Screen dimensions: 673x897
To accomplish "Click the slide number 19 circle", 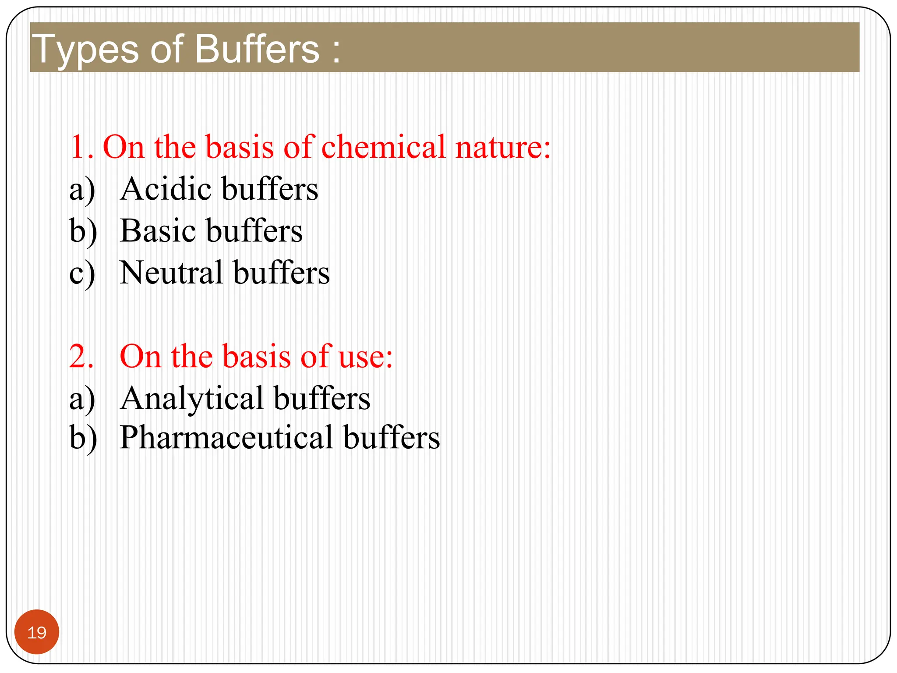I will tap(37, 632).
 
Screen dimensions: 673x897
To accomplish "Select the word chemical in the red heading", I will tap(383, 147).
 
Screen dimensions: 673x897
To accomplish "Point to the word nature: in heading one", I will tap(503, 148).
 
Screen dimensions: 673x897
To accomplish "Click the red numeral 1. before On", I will tap(81, 147).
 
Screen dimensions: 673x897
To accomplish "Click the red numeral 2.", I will tap(81, 357).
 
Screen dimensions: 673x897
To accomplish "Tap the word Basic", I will tap(157, 231).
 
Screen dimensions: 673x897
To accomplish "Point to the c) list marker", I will tap(82, 274).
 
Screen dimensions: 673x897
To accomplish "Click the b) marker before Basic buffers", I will tap(83, 232).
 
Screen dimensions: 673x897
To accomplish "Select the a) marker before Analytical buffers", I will tap(82, 400).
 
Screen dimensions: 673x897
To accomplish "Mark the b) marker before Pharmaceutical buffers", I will tap(83, 438).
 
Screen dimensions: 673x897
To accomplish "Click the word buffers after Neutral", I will tap(281, 273).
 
